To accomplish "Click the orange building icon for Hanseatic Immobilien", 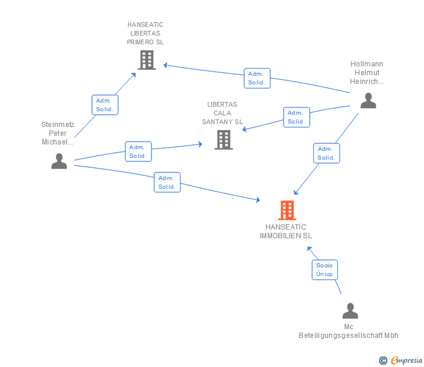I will click(287, 210).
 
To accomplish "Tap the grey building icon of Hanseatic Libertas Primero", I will click(146, 59).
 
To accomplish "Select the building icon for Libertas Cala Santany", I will click(223, 140).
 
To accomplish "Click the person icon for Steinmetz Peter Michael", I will click(59, 161).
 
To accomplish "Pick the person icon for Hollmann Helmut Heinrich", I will click(368, 100).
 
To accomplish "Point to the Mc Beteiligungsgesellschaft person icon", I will click(349, 310).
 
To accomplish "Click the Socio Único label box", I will click(324, 270).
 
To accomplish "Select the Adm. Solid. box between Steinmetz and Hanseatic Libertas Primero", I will click(105, 105).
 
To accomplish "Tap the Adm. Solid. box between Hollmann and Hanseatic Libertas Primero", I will click(256, 78).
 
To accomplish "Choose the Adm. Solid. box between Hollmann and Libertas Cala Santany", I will click(296, 117).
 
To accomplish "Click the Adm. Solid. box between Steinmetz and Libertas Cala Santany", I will click(138, 151).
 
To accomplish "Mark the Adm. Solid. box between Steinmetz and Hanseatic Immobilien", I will click(167, 182).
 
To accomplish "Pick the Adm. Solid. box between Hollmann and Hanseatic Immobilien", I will click(326, 153).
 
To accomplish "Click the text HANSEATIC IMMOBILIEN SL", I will click(286, 231).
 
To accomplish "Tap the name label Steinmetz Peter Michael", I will click(58, 133).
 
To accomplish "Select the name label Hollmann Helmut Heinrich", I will click(367, 73).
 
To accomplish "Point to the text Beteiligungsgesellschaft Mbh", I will click(348, 335).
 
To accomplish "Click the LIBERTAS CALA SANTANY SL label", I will click(222, 113).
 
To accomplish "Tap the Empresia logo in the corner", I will click(406, 361).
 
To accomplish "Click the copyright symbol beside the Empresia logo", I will click(383, 361).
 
